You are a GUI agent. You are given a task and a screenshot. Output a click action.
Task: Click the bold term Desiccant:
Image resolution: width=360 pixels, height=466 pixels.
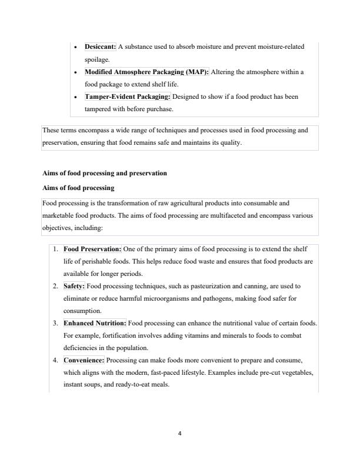tap(101, 46)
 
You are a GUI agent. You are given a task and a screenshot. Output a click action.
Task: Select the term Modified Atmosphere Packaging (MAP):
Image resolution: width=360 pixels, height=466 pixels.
tap(146, 72)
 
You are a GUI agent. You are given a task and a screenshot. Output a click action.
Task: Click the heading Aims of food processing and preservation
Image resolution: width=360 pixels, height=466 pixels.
tap(105, 174)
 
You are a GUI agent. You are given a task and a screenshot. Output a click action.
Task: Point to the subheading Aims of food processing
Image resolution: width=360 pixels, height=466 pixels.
tap(78, 188)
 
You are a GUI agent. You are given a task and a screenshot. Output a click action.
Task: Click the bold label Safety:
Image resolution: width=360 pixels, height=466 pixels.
tap(74, 286)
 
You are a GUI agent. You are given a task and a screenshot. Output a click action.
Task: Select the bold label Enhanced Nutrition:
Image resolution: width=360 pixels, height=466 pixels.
tap(95, 323)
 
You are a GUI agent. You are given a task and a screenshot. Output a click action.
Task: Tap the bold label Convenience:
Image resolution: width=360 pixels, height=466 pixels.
tap(84, 360)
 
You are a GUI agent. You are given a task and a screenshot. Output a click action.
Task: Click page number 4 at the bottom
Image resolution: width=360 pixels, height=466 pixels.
tap(180, 434)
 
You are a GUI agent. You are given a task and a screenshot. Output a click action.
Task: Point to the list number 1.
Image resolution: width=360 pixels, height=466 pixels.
tap(54, 249)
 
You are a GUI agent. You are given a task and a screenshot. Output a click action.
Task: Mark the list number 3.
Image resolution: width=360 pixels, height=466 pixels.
tap(54, 323)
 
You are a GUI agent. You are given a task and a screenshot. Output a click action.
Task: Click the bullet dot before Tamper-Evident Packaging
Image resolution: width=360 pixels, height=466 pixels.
tap(76, 96)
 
